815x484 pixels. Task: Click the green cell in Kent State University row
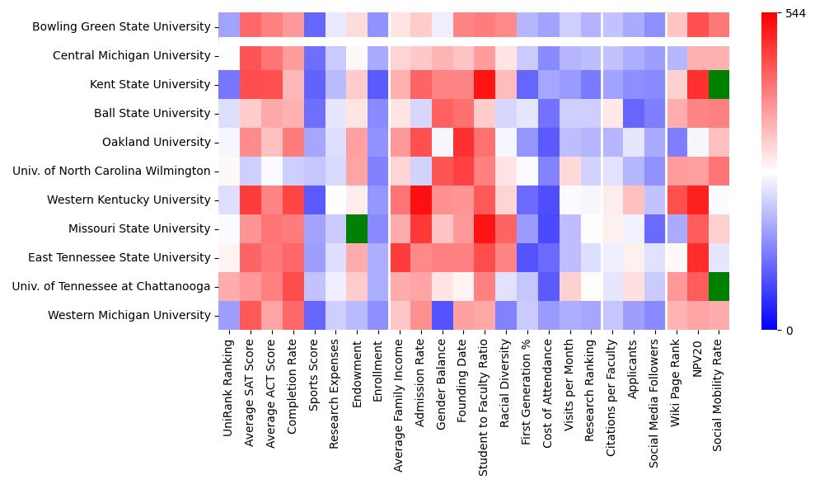click(x=719, y=84)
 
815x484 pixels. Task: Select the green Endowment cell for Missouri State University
click(x=357, y=228)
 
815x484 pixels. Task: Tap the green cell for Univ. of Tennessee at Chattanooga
click(x=719, y=286)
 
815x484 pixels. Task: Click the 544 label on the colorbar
click(x=795, y=14)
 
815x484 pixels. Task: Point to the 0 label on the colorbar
click(x=789, y=331)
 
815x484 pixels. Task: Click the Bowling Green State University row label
click(x=121, y=26)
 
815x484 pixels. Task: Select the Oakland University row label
click(x=156, y=142)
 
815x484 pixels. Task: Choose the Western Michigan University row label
click(x=129, y=315)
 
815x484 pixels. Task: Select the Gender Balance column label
click(x=443, y=388)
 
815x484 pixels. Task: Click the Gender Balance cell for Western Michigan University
click(x=443, y=315)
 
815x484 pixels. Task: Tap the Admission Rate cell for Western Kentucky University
click(x=421, y=200)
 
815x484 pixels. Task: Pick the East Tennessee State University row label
click(x=119, y=257)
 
